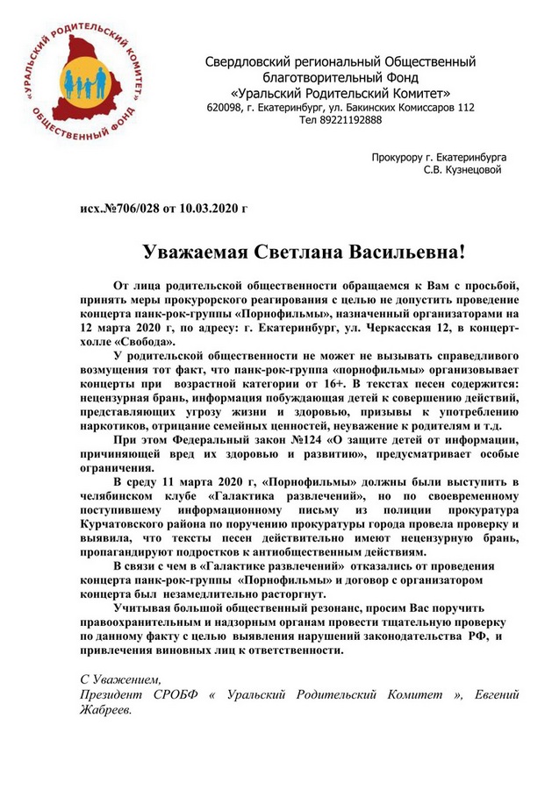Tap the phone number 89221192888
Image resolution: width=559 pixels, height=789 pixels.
click(350, 120)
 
